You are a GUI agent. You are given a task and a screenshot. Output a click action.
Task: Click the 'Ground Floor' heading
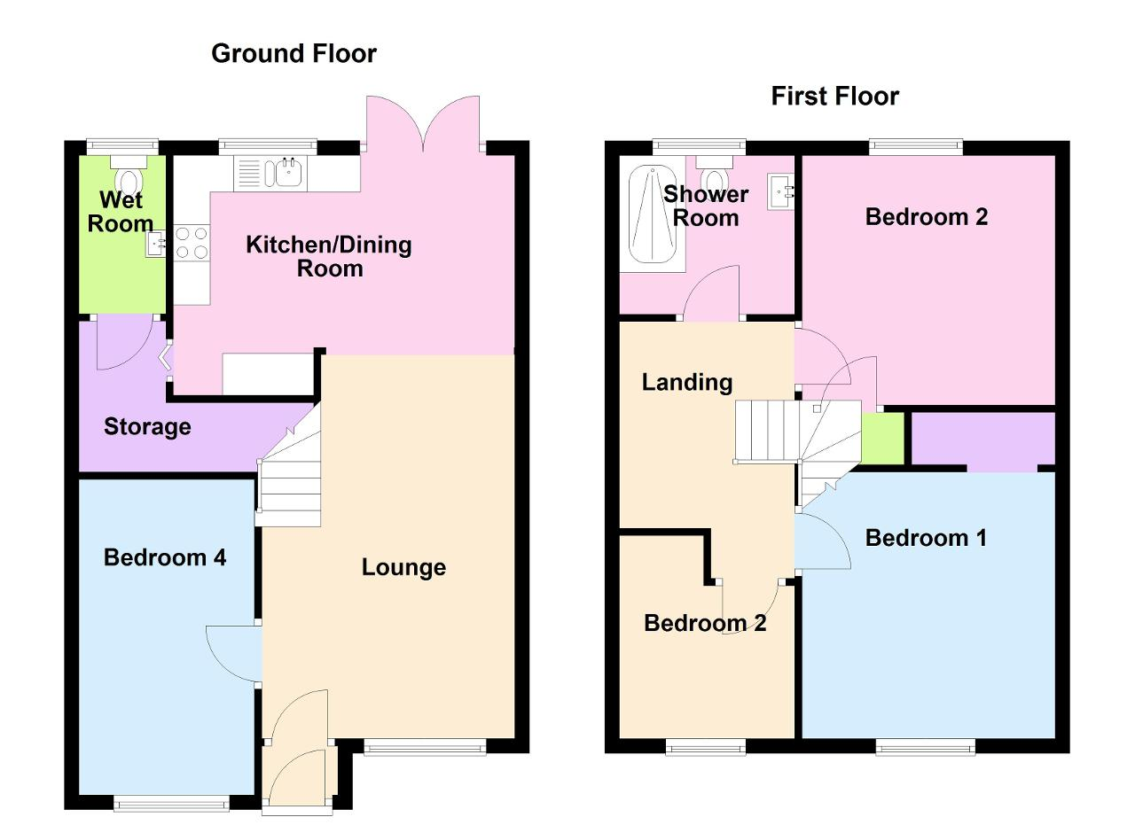[x=294, y=54]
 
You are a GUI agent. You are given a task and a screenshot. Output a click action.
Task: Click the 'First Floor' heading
[x=835, y=97]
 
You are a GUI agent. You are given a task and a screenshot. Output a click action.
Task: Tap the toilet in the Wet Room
[x=129, y=174]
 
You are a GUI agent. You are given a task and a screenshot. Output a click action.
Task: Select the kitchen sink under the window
[x=270, y=173]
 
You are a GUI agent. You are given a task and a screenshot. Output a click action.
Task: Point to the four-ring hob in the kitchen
[x=192, y=243]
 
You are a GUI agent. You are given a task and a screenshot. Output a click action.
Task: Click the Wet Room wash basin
[x=155, y=244]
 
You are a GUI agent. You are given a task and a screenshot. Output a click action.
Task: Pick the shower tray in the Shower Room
[x=653, y=214]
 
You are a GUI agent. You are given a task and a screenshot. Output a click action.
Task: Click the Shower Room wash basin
[x=780, y=191]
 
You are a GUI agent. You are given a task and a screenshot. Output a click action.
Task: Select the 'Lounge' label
[x=403, y=568]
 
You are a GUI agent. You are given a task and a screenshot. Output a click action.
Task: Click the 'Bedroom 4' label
[x=165, y=557]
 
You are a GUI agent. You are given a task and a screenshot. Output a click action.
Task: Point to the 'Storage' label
[x=147, y=427]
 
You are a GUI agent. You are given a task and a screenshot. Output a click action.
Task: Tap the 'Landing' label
[x=687, y=383]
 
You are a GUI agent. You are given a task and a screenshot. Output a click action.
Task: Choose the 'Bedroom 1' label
[x=927, y=538]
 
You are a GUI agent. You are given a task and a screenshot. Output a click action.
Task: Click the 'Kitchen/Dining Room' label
[x=329, y=257]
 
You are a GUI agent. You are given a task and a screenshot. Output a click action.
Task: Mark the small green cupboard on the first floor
[x=882, y=438]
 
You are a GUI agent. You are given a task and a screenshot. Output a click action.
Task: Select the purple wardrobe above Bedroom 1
[x=983, y=439]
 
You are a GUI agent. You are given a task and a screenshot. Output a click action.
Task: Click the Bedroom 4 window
[x=171, y=803]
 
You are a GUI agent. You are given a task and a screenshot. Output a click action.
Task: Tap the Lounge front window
[x=425, y=748]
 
